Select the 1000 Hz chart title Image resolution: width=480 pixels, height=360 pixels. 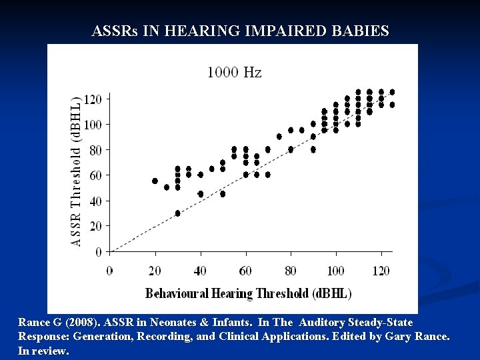click(234, 72)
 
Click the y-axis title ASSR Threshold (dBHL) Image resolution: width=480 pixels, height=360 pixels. click(77, 171)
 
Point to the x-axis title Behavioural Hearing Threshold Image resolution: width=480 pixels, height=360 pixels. click(248, 293)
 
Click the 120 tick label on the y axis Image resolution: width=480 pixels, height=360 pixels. click(93, 99)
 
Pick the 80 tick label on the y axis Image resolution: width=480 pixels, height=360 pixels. click(95, 150)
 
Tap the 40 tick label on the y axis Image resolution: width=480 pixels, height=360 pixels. click(95, 201)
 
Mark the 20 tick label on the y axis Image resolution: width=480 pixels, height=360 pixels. click(95, 227)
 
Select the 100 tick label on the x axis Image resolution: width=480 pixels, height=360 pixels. click(336, 271)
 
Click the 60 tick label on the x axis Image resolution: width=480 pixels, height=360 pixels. click(245, 271)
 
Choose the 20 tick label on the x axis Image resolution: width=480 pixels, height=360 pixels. click(155, 271)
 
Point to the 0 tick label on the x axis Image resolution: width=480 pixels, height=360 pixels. click(110, 271)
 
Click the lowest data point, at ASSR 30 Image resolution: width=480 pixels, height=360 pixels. click(177, 213)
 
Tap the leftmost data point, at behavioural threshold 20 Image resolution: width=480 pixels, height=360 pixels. click(155, 181)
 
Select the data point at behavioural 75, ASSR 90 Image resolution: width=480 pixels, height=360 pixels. click(279, 137)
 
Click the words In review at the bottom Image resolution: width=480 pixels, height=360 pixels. click(43, 350)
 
